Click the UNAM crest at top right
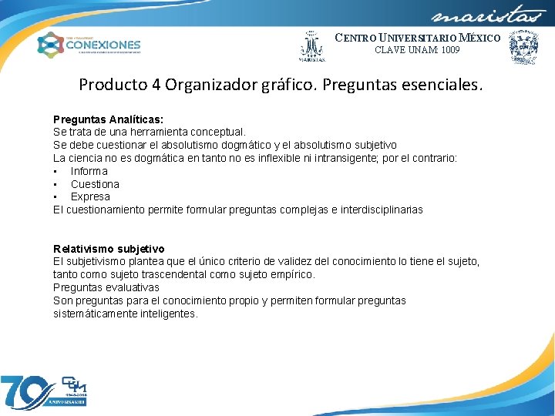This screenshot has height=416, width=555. tap(523, 46)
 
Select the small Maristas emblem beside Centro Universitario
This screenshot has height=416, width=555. tap(312, 46)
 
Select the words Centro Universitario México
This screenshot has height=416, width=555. tap(417, 38)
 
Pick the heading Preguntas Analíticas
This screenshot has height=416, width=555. tap(108, 119)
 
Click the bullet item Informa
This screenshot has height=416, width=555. tap(89, 171)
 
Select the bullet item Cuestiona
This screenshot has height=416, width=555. tap(95, 184)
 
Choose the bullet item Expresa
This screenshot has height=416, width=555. tap(90, 196)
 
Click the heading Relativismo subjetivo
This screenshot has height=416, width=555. tap(109, 249)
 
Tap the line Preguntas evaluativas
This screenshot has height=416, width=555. tap(106, 287)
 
